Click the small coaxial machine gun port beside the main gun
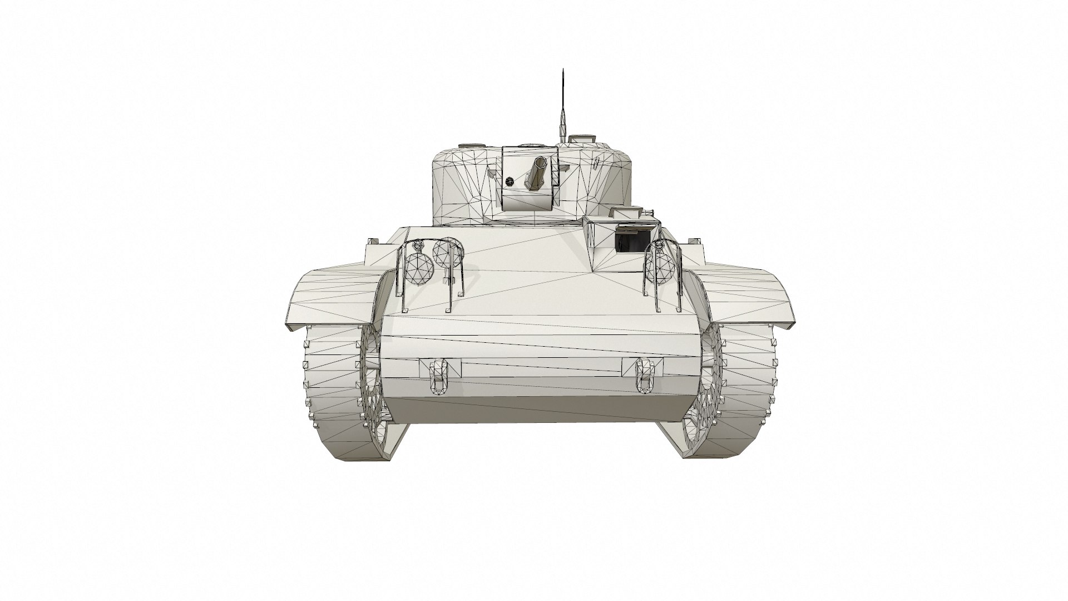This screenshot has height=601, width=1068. point(510,180)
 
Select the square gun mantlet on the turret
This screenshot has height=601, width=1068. point(530,178)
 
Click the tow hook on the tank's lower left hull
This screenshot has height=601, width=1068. point(439,375)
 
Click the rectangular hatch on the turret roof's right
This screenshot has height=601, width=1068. point(584,137)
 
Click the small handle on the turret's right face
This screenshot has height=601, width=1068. point(595,163)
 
